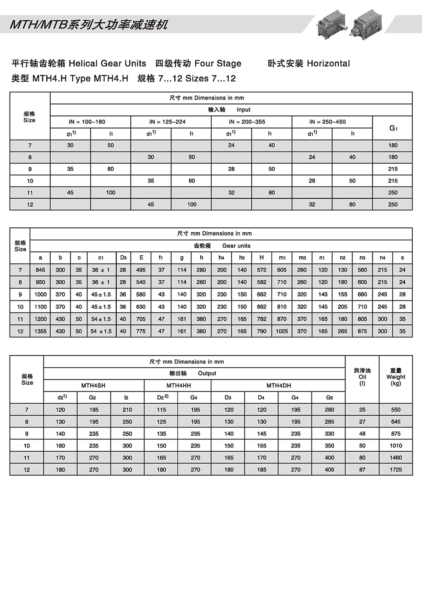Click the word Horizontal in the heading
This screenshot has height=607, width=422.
[x=328, y=63]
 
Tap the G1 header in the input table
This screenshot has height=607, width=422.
[x=393, y=128]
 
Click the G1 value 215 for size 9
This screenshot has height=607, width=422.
[x=393, y=169]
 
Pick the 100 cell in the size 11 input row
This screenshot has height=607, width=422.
[x=110, y=193]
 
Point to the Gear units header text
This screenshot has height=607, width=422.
[x=236, y=246]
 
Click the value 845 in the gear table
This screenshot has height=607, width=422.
[x=40, y=270]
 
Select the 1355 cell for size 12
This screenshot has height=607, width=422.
[x=40, y=331]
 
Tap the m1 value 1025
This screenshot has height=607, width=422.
[x=282, y=331]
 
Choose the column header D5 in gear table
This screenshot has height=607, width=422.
[x=123, y=258]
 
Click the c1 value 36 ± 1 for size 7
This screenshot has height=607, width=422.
[x=101, y=270]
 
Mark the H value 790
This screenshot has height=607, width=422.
[x=262, y=331]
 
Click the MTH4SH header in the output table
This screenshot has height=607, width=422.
[x=93, y=386]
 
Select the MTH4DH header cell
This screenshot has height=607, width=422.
[x=279, y=386]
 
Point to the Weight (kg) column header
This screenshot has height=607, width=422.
[x=396, y=377]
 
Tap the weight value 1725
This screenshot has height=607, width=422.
[x=396, y=470]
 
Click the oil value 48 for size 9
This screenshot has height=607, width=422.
[x=362, y=434]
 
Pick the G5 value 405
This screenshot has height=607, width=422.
[x=329, y=470]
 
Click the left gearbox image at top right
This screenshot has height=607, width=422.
[x=331, y=24]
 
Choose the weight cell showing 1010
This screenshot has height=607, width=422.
[x=396, y=446]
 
